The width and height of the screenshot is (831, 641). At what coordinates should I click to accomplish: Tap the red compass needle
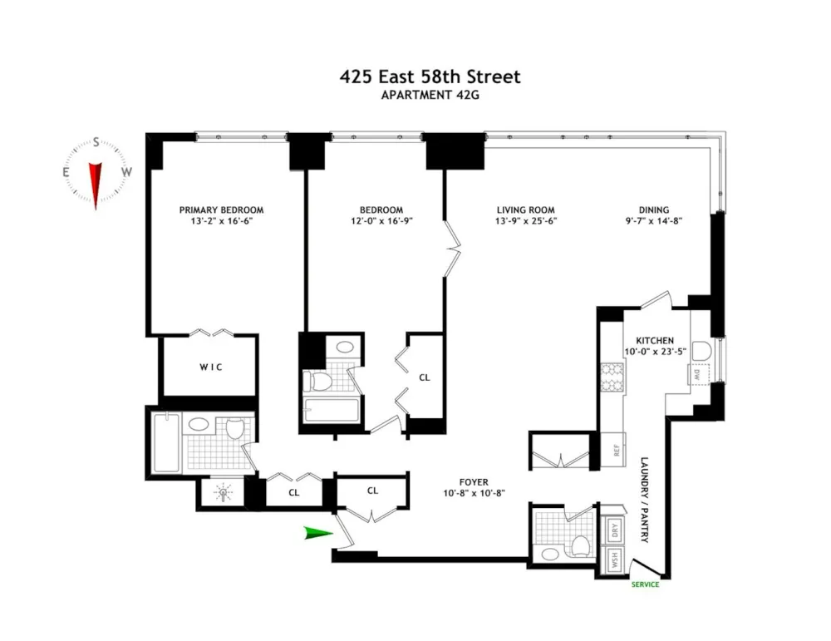coord(96,185)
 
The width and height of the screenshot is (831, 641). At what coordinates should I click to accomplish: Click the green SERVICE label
coord(645,584)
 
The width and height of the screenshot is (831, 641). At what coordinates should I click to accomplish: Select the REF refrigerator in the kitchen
coord(614,450)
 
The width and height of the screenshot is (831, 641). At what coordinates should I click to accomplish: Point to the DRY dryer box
coord(615,529)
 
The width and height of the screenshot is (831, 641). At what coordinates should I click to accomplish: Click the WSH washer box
coord(615,560)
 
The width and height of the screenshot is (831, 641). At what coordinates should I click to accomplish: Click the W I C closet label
coord(211,367)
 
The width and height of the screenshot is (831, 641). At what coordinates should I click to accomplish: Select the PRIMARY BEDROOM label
coord(221,210)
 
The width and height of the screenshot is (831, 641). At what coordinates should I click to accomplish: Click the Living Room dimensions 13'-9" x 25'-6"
coord(526,221)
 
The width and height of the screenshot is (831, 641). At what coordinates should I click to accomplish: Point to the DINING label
coord(653,210)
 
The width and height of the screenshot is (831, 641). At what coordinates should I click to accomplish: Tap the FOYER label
coord(474,482)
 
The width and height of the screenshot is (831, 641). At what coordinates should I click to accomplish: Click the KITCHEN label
coord(655,341)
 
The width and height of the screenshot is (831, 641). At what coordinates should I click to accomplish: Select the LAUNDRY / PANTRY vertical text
coord(645,500)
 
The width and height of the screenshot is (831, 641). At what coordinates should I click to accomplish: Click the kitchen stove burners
coord(612,377)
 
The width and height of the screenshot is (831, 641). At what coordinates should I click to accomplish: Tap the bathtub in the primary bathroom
coord(166,442)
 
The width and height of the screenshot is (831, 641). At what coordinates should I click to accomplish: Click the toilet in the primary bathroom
coord(234,428)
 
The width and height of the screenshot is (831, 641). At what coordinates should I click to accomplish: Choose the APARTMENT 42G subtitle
coord(430,96)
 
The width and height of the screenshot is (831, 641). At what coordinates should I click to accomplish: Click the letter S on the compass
coord(96,142)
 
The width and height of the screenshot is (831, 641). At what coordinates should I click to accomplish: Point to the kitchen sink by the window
coord(701,351)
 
